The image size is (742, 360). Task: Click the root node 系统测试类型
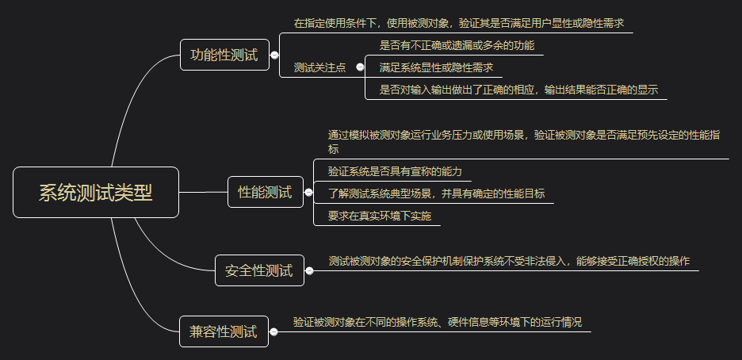click(x=96, y=193)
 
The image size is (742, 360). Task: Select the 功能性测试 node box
click(x=224, y=56)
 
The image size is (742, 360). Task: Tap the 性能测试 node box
click(x=265, y=192)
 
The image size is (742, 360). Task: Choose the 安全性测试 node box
click(x=259, y=271)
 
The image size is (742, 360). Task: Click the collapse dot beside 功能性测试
click(x=274, y=56)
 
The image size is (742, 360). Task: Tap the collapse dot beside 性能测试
click(x=309, y=192)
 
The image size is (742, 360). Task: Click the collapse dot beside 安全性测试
click(x=309, y=271)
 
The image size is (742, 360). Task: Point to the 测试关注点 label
click(x=319, y=68)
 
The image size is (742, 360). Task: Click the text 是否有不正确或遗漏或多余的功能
click(x=457, y=46)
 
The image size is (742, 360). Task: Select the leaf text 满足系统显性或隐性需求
click(x=436, y=67)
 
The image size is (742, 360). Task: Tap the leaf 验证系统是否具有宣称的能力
click(x=388, y=171)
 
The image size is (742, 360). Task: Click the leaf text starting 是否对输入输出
click(x=519, y=89)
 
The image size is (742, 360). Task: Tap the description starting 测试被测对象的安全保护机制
click(x=509, y=261)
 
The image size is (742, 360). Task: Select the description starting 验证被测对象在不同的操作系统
click(x=437, y=322)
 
